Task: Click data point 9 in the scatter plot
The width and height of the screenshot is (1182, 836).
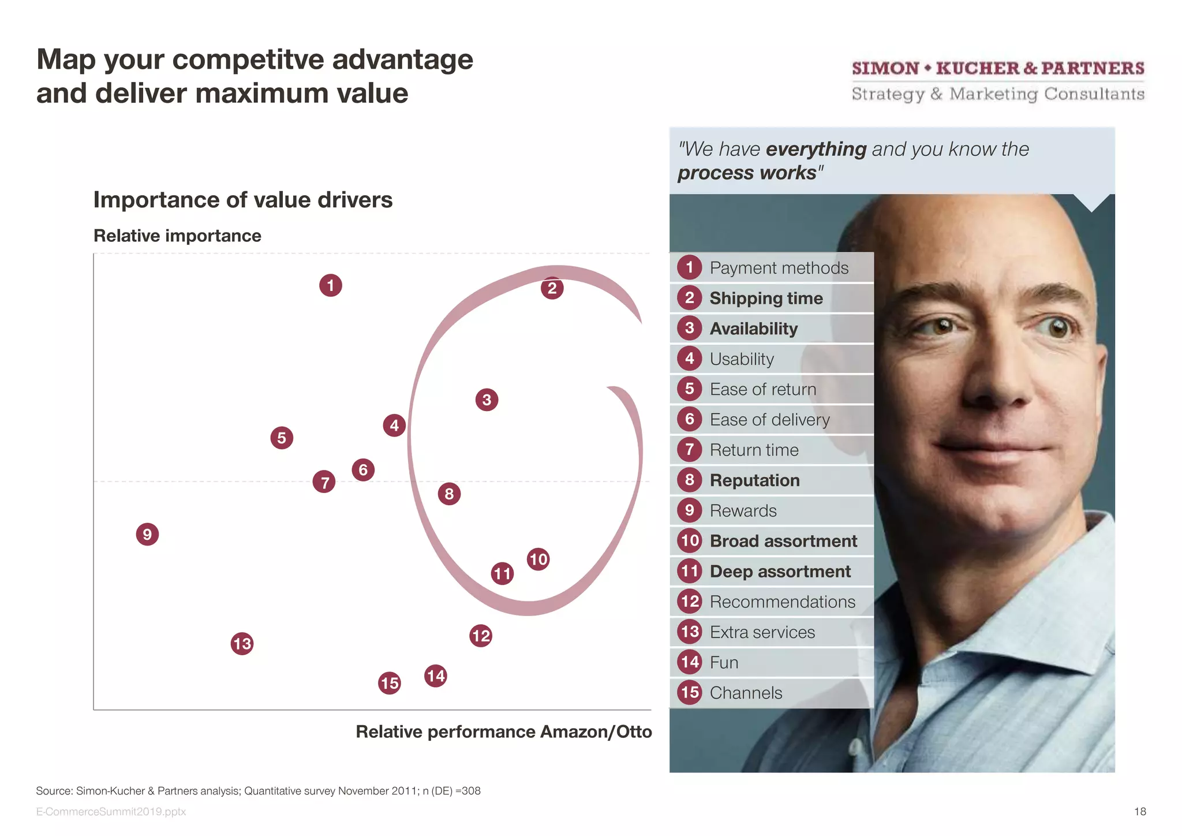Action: point(147,534)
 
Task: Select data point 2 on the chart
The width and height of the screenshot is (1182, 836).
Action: point(552,288)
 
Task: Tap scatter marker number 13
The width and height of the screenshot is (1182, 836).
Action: point(242,643)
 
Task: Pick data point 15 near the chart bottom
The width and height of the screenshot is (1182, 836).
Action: point(390,683)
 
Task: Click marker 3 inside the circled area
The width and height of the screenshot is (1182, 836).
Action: point(487,400)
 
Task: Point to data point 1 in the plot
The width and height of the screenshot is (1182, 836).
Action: point(330,285)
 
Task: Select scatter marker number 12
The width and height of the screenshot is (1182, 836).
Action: point(481,636)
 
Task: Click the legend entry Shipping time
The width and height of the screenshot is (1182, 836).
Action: point(766,298)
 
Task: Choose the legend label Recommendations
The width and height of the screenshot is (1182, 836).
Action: point(782,602)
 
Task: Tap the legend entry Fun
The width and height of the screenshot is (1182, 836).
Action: point(724,662)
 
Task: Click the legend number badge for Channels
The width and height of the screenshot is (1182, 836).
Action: point(690,692)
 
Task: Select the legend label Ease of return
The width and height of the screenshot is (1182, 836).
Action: point(762,389)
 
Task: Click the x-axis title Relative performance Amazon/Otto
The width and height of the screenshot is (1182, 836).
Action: point(503,731)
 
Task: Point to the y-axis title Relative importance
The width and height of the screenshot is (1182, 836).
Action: point(177,236)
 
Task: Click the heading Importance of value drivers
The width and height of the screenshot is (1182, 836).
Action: point(242,200)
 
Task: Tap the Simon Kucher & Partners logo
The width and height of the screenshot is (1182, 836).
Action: point(998,81)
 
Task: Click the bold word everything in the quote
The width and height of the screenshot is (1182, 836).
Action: point(816,149)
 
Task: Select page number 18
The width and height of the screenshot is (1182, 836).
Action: point(1140,811)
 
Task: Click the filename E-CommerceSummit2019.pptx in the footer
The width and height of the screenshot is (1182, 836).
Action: point(111,811)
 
